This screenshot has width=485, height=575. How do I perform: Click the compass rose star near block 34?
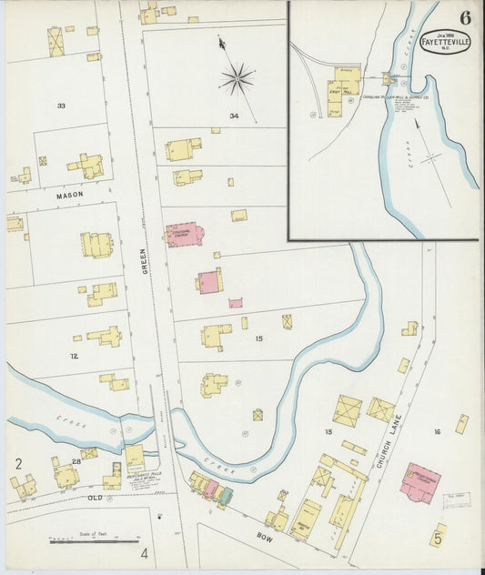pyautogui.click(x=237, y=79)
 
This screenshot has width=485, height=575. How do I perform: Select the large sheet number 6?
pyautogui.click(x=466, y=17)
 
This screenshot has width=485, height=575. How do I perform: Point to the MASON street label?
pyautogui.click(x=69, y=195)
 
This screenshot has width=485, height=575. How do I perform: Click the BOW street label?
pyautogui.click(x=265, y=538)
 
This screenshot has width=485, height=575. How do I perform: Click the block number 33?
pyautogui.click(x=61, y=106)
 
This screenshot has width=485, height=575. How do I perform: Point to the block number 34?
pyautogui.click(x=234, y=116)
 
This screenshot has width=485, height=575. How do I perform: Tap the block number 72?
pyautogui.click(x=74, y=356)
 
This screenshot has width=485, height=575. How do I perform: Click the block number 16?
pyautogui.click(x=437, y=432)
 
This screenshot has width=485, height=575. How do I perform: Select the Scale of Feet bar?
pyautogui.click(x=108, y=541)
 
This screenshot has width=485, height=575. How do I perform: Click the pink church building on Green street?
pyautogui.click(x=186, y=235)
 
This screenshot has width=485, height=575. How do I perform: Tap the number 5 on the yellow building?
pyautogui.click(x=438, y=539)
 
